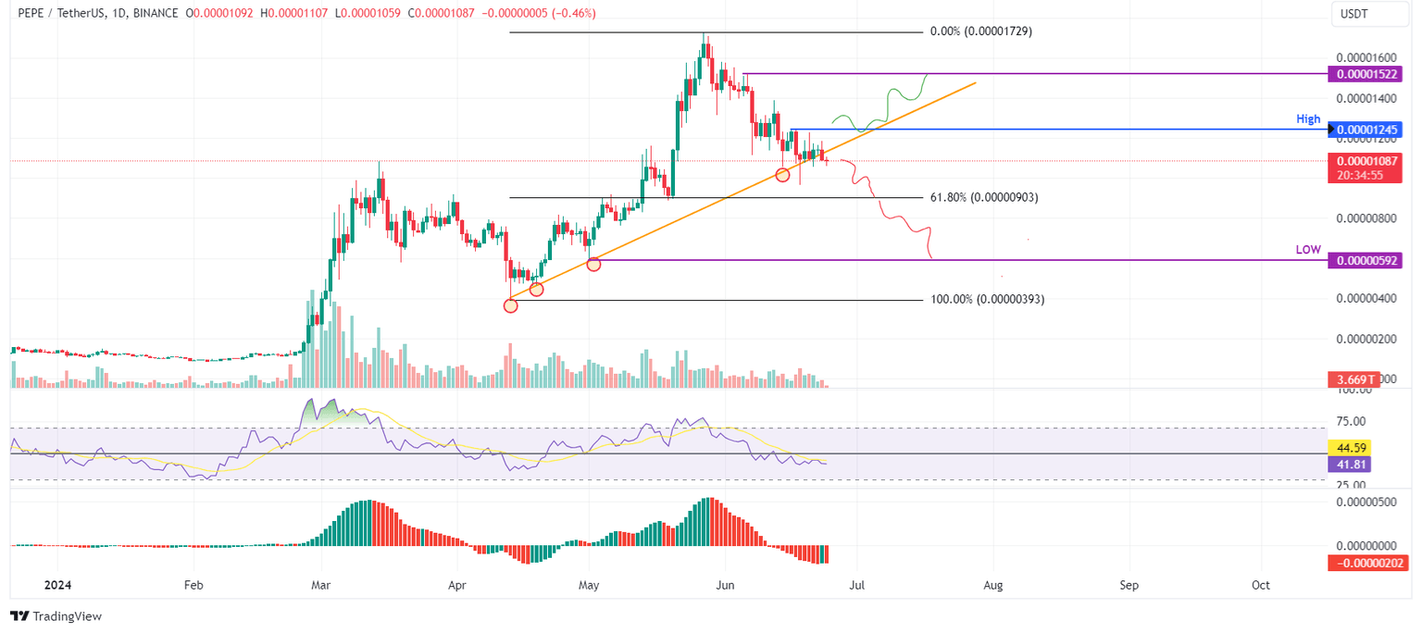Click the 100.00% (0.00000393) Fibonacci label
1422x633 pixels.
coord(987,300)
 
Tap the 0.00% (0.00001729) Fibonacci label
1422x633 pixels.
coord(980,31)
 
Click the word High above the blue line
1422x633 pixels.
coord(1308,119)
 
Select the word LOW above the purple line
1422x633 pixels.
coord(1308,251)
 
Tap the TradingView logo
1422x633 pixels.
coord(56,616)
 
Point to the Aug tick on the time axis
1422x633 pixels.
coord(993,586)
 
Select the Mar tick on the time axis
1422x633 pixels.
coord(320,586)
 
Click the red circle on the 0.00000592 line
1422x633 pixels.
coord(593,264)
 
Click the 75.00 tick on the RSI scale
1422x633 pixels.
coord(1352,421)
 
